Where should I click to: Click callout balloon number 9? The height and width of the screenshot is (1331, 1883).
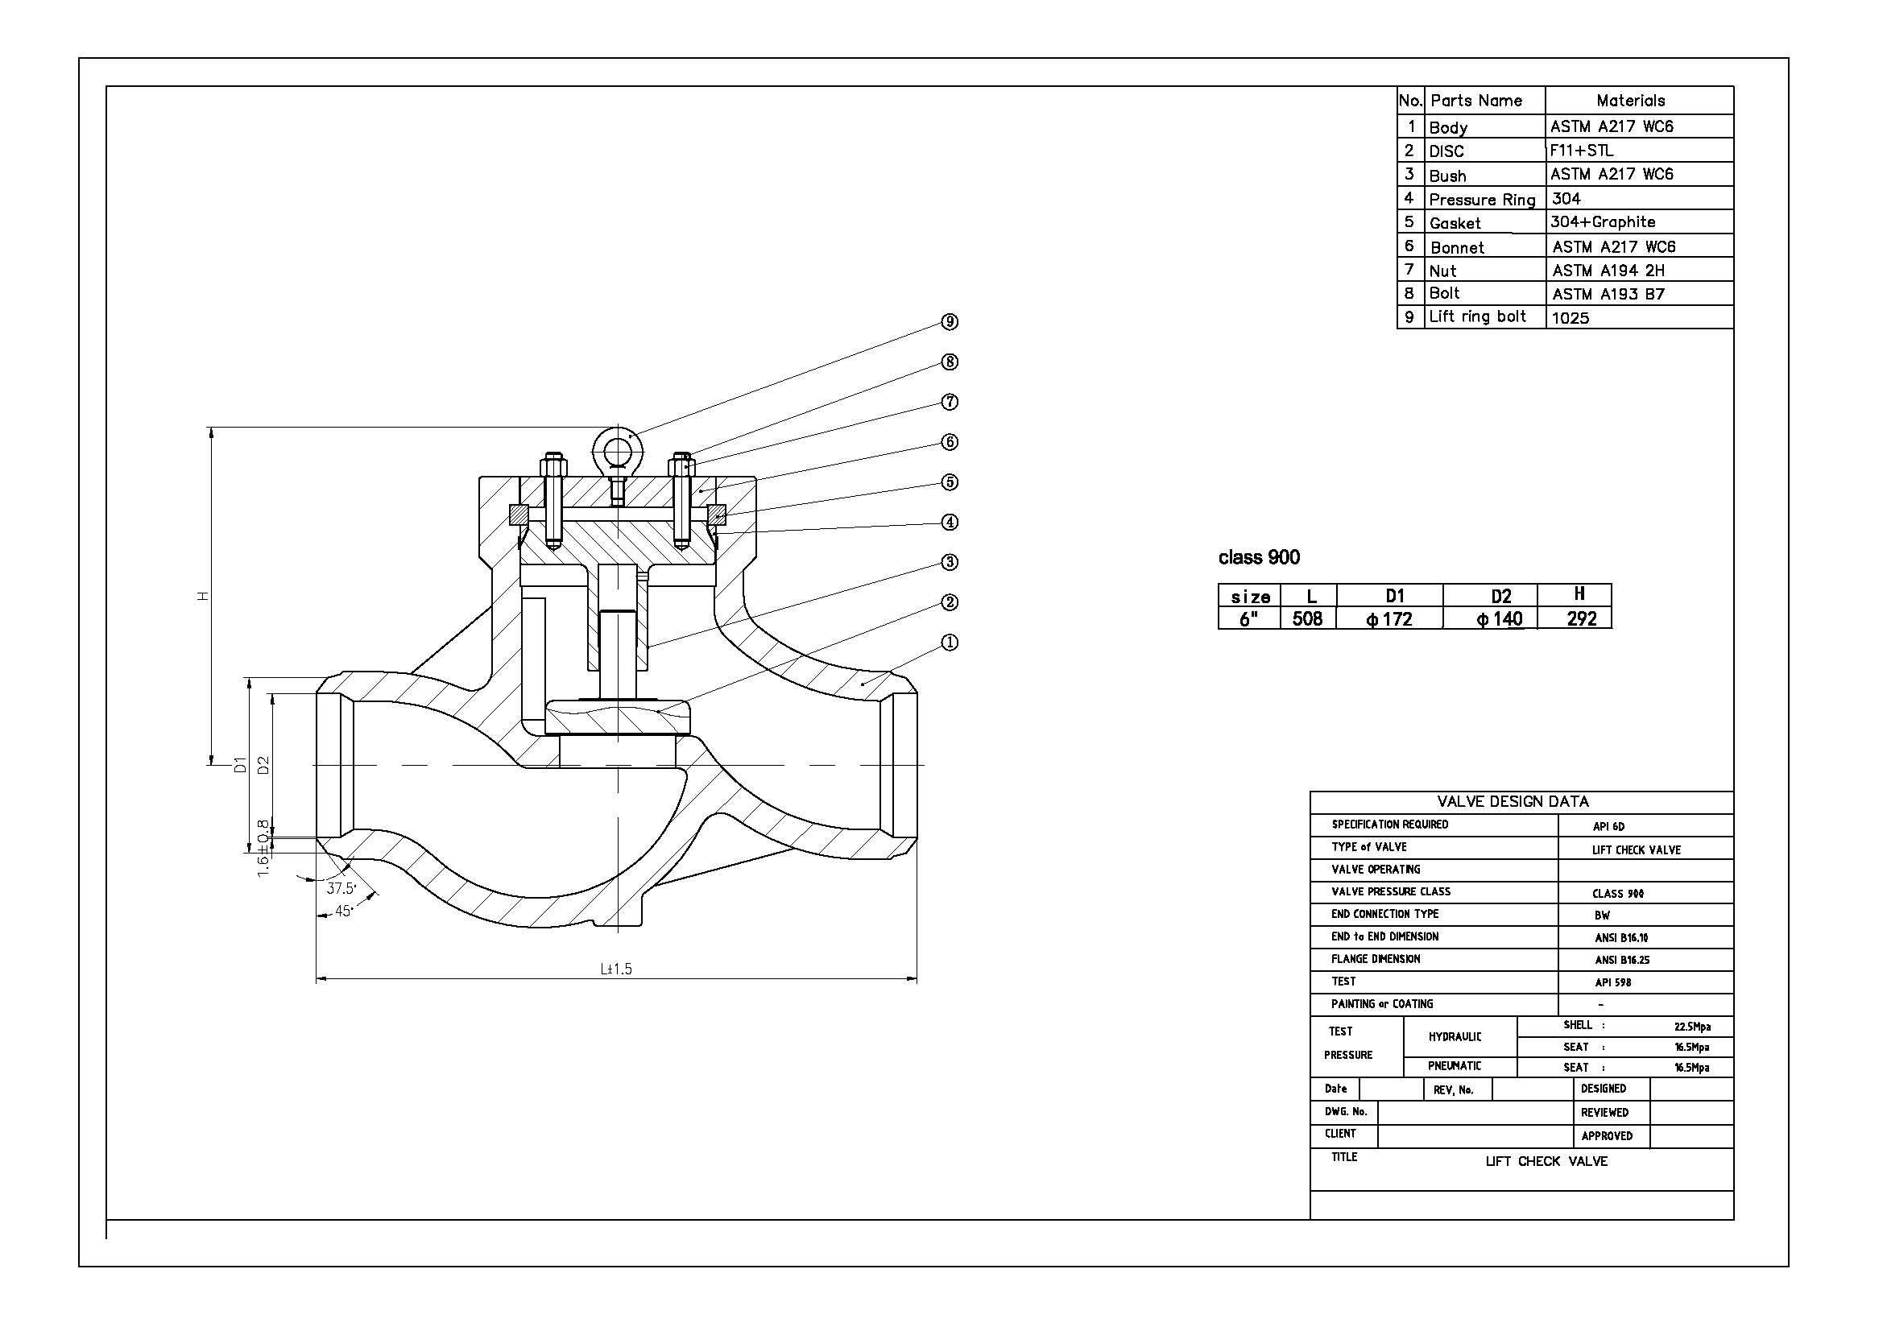pyautogui.click(x=950, y=321)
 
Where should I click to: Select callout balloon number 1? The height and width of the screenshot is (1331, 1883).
pyautogui.click(x=950, y=642)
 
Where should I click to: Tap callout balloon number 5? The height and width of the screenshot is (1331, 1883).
pyautogui.click(x=950, y=482)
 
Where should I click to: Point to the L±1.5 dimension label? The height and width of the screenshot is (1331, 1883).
pyautogui.click(x=616, y=969)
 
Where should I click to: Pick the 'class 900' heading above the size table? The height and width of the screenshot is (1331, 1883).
pyautogui.click(x=1259, y=558)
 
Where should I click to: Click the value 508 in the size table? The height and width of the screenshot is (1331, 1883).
pyautogui.click(x=1307, y=618)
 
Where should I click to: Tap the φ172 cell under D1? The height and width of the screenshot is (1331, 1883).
pyautogui.click(x=1389, y=619)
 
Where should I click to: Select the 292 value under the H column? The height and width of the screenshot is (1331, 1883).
pyautogui.click(x=1581, y=618)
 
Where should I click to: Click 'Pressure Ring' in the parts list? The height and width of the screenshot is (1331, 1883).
pyautogui.click(x=1482, y=199)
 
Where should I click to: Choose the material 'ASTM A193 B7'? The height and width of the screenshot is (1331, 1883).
pyautogui.click(x=1608, y=294)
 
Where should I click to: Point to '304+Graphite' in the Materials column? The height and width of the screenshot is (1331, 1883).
pyautogui.click(x=1603, y=222)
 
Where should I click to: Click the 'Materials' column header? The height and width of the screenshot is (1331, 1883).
pyautogui.click(x=1630, y=101)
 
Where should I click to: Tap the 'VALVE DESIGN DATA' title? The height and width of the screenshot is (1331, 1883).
pyautogui.click(x=1513, y=801)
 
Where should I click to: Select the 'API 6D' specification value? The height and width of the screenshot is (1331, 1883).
pyautogui.click(x=1608, y=826)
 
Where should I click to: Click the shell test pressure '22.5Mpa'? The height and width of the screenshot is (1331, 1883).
pyautogui.click(x=1692, y=1026)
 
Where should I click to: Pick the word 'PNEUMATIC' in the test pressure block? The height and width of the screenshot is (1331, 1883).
pyautogui.click(x=1455, y=1065)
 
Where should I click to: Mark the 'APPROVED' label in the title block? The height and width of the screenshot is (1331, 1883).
pyautogui.click(x=1607, y=1136)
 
